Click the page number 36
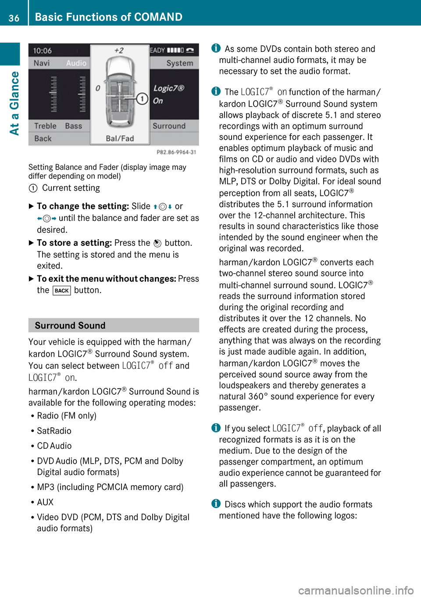[x=14, y=18]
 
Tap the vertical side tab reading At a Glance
[x=14, y=103]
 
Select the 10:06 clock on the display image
[x=43, y=50]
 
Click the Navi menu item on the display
[x=42, y=63]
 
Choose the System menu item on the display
[x=179, y=63]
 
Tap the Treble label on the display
[x=45, y=126]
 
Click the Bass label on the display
[x=73, y=126]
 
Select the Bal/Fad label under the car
[x=120, y=138]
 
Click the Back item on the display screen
[x=43, y=138]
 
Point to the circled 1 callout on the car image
[x=142, y=98]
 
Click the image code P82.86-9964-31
[x=176, y=152]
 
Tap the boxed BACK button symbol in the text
[x=61, y=291]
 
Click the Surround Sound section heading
[x=70, y=325]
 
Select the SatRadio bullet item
[x=54, y=431]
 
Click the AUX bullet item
[x=45, y=502]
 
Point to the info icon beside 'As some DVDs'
[x=216, y=48]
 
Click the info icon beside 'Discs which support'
[x=216, y=504]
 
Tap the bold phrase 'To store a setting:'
[x=74, y=243]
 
